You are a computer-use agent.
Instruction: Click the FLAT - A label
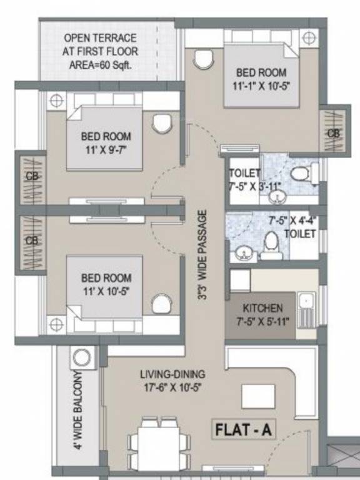[x=246, y=430]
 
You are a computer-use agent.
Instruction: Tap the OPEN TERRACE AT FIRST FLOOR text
[x=101, y=51]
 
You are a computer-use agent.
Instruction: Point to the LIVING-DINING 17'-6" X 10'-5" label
[x=172, y=380]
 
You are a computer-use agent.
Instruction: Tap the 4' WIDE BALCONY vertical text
[x=78, y=409]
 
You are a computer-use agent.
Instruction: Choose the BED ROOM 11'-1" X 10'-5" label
[x=262, y=78]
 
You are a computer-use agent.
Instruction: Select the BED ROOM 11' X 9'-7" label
[x=106, y=142]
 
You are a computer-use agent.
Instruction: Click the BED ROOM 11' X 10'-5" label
[x=106, y=284]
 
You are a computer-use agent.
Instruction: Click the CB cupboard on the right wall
[x=332, y=133]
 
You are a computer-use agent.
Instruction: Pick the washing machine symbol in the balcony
[x=80, y=358]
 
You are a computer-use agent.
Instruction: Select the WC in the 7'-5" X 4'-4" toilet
[x=271, y=244]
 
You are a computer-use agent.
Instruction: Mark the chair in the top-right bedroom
[x=203, y=59]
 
